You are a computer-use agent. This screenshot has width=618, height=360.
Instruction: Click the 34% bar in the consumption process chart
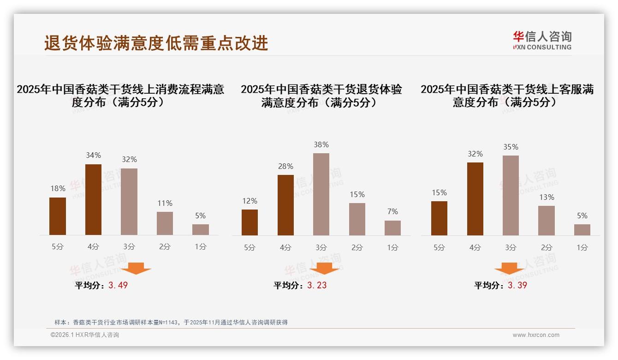click(x=93, y=199)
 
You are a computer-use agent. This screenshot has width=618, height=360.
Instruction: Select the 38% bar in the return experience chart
click(x=321, y=194)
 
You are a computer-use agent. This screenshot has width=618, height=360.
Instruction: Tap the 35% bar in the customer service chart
click(x=511, y=195)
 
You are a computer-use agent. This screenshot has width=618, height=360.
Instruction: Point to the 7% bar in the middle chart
click(x=392, y=228)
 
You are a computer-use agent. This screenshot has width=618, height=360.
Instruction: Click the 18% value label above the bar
click(x=58, y=188)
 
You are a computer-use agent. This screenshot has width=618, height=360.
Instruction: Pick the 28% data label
click(x=285, y=166)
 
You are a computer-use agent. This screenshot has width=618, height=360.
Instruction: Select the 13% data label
click(x=547, y=197)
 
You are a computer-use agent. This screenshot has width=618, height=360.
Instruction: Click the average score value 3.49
click(x=118, y=285)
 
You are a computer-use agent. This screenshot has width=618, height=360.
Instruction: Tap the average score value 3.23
click(x=317, y=285)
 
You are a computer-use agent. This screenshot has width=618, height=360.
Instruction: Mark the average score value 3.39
click(x=517, y=285)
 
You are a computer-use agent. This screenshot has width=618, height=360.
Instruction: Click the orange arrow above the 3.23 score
click(x=324, y=268)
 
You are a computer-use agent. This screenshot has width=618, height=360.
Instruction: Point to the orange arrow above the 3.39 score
click(x=509, y=268)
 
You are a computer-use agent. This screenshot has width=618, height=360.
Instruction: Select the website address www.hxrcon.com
click(x=536, y=335)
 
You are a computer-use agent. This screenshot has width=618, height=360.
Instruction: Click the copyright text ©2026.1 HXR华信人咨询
click(x=85, y=335)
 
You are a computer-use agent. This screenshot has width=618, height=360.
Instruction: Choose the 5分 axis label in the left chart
click(x=58, y=247)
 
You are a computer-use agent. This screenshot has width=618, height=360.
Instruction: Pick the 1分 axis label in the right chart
click(x=582, y=247)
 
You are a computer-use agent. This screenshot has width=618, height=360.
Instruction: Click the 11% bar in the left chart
click(x=165, y=223)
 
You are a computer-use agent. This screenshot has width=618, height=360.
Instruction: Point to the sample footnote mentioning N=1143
click(x=171, y=322)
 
